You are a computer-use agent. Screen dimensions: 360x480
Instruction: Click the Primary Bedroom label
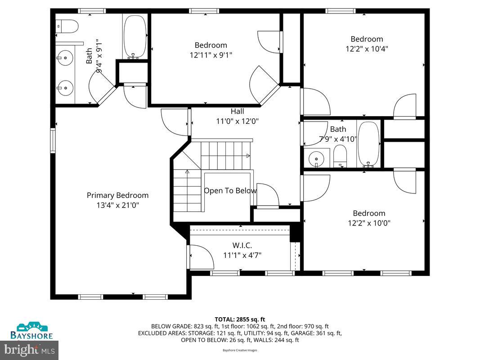tap(117, 195)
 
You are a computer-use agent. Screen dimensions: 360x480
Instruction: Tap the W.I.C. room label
tap(242, 245)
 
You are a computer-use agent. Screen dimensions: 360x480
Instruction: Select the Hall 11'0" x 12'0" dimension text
tap(238, 121)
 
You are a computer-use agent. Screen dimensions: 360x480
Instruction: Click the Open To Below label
tap(230, 190)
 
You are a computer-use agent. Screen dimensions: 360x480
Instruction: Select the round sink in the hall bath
tap(318, 158)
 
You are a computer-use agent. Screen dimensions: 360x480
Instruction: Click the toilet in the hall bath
tap(341, 157)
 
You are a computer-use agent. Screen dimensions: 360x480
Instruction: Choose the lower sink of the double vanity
tap(65, 86)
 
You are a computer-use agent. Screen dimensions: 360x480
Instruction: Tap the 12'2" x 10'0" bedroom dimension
tap(369, 223)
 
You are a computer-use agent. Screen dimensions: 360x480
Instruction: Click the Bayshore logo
tap(32, 330)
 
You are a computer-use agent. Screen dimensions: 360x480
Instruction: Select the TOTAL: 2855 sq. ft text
tap(240, 319)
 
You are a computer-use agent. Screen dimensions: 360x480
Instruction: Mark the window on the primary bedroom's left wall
tap(53, 140)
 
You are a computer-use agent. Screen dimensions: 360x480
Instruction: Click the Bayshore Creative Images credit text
tap(240, 350)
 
